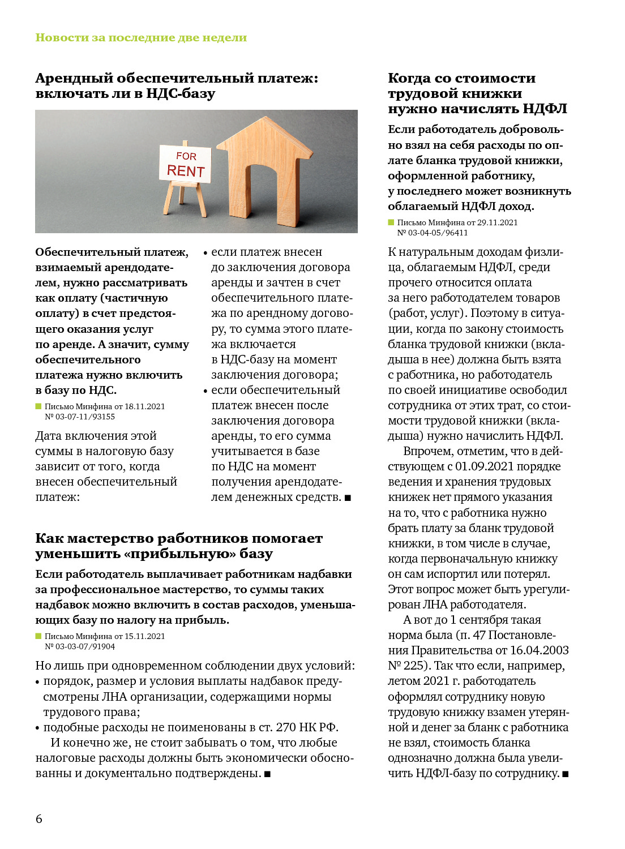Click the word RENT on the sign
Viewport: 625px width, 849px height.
186,171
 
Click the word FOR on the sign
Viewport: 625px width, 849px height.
186,156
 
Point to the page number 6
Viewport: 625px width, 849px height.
38,818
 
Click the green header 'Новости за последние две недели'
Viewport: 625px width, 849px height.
141,38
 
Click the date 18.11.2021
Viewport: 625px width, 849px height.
144,406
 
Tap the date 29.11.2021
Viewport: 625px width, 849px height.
497,222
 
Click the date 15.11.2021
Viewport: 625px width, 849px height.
144,636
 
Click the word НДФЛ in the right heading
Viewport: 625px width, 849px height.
545,109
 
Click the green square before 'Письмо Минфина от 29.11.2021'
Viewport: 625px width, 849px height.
391,222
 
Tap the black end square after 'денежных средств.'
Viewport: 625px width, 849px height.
348,498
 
